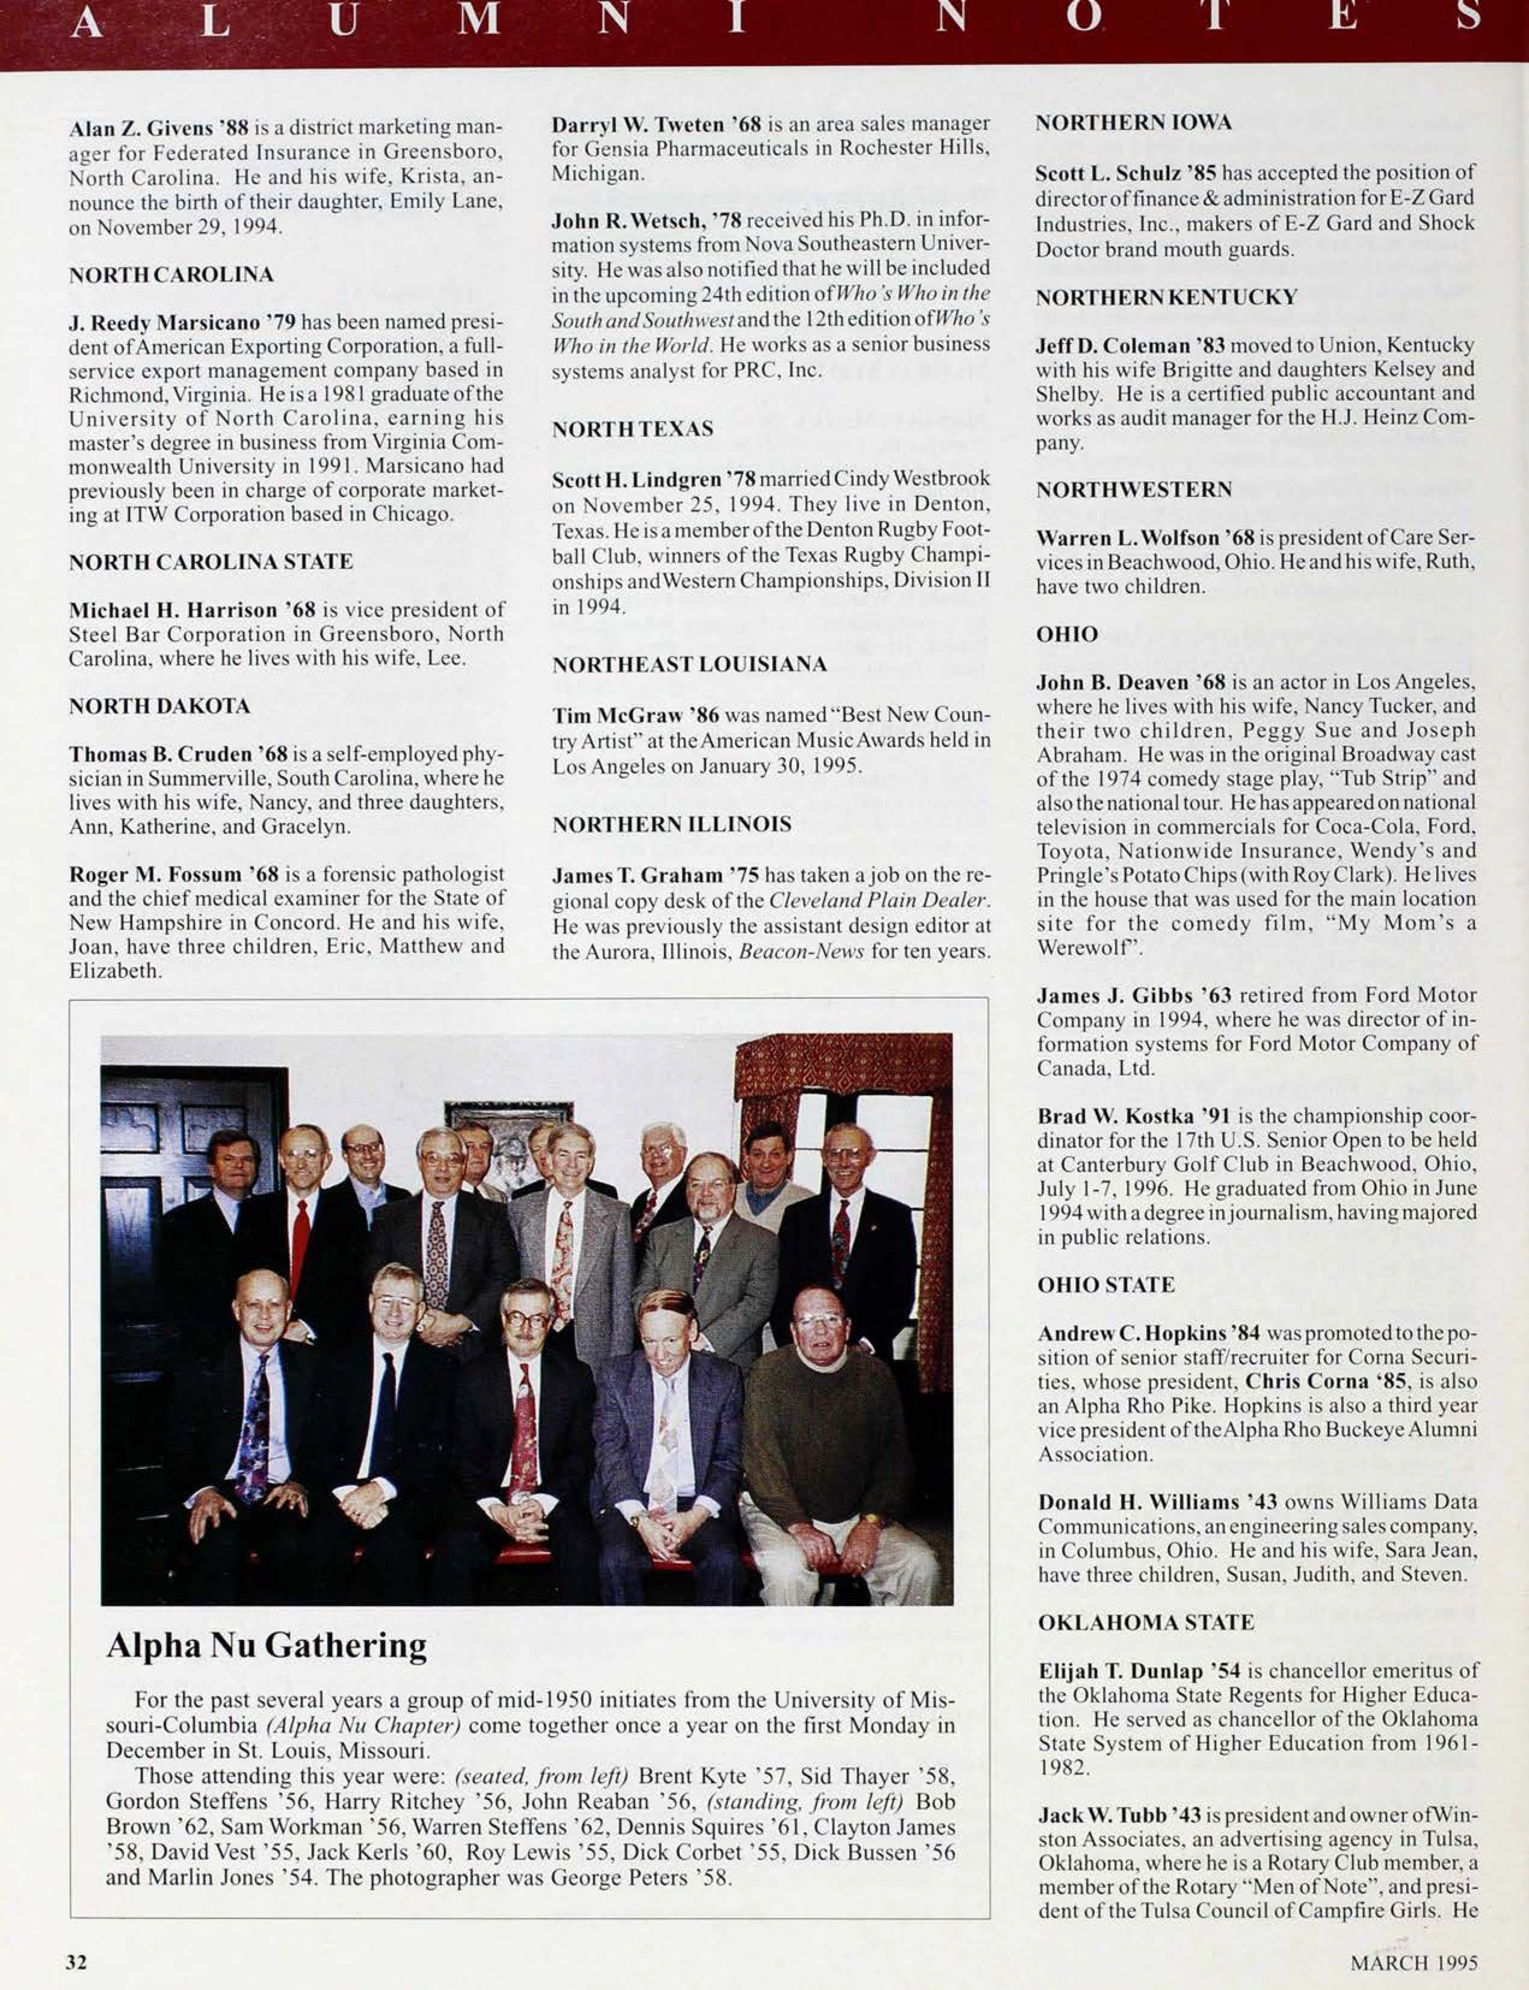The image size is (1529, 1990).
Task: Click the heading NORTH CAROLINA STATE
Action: click(210, 562)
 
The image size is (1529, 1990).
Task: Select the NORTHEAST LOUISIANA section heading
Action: click(689, 664)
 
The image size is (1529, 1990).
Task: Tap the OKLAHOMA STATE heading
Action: click(1146, 1621)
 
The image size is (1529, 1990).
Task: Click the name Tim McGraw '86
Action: click(634, 715)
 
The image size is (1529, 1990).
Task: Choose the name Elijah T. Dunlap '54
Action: click(1140, 1671)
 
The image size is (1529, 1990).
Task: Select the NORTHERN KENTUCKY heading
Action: click(1166, 297)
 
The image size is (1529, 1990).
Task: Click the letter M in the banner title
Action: click(480, 20)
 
